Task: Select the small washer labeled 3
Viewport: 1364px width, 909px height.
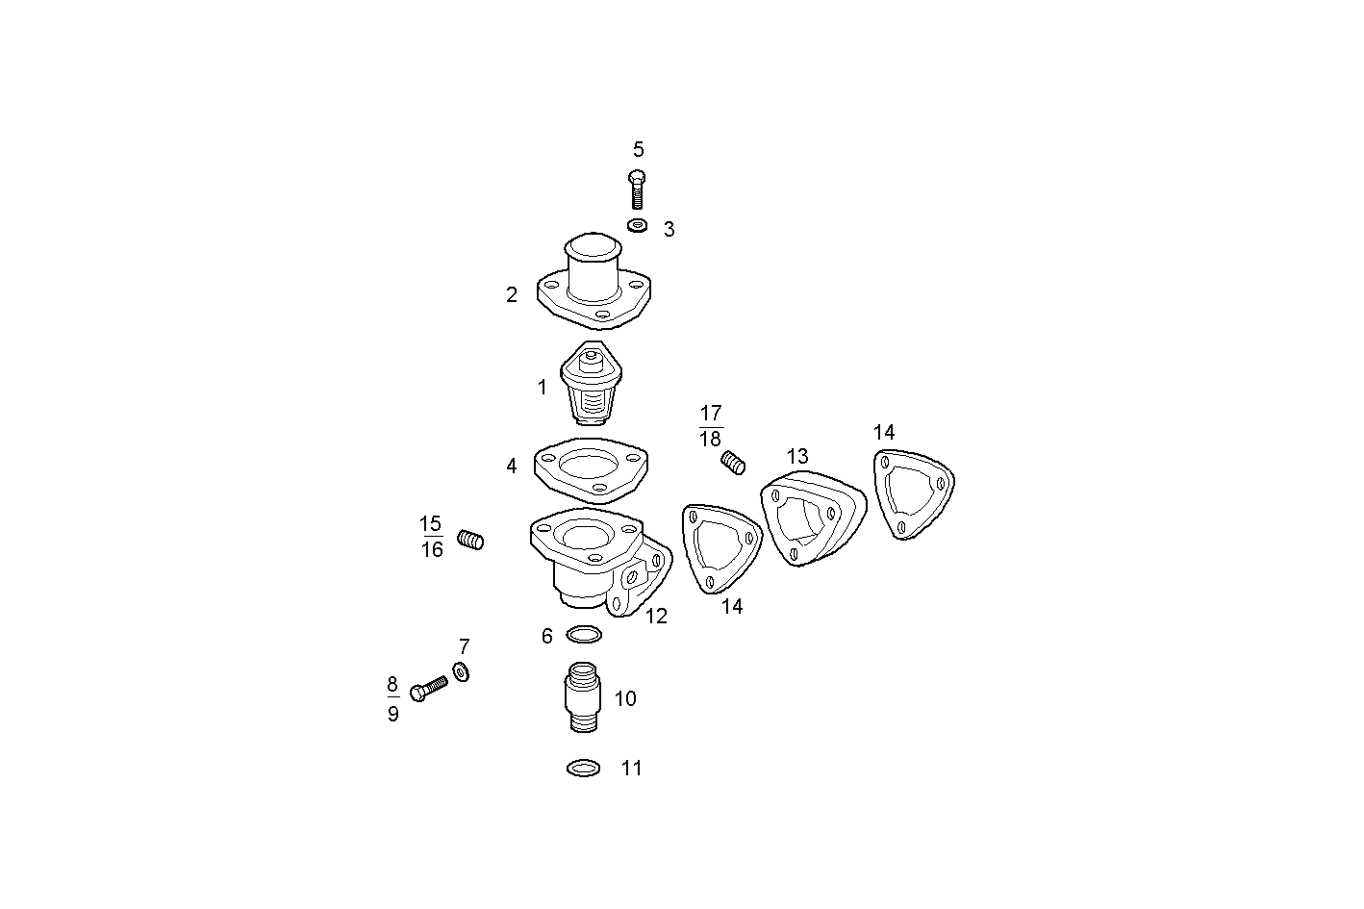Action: coord(637,225)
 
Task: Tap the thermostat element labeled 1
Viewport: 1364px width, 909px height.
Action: coord(590,383)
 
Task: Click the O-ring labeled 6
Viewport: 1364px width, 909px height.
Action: coord(584,635)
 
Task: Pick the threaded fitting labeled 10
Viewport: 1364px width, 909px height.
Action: coord(581,697)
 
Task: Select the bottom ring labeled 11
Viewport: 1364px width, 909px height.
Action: coord(584,768)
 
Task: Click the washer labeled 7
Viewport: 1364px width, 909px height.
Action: coord(461,671)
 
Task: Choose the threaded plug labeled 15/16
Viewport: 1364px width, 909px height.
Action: coord(469,541)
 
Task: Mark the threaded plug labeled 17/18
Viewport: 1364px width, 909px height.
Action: coord(734,464)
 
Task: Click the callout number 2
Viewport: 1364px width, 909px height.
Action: coord(512,295)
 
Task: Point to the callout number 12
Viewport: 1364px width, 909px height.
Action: coord(656,617)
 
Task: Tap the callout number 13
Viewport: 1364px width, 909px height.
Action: coord(797,457)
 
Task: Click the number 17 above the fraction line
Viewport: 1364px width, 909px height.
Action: coord(711,414)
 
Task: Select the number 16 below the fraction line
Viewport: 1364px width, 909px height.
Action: coord(432,550)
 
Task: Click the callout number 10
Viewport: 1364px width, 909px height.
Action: coord(625,699)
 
